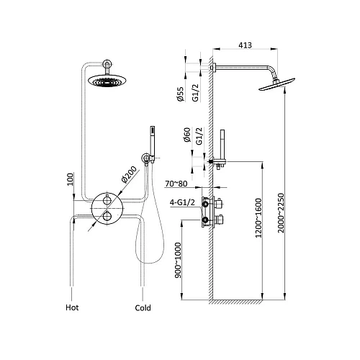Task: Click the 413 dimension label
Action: [x=245, y=45]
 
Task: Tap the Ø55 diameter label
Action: [x=181, y=94]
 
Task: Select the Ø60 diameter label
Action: [x=187, y=135]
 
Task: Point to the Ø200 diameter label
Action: [x=129, y=175]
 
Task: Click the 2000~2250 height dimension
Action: [x=281, y=213]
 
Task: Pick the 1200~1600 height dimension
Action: [x=258, y=217]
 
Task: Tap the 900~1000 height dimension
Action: [x=178, y=260]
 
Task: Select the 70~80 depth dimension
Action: [x=176, y=184]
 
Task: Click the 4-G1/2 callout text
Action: [x=182, y=202]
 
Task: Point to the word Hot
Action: [x=72, y=307]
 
